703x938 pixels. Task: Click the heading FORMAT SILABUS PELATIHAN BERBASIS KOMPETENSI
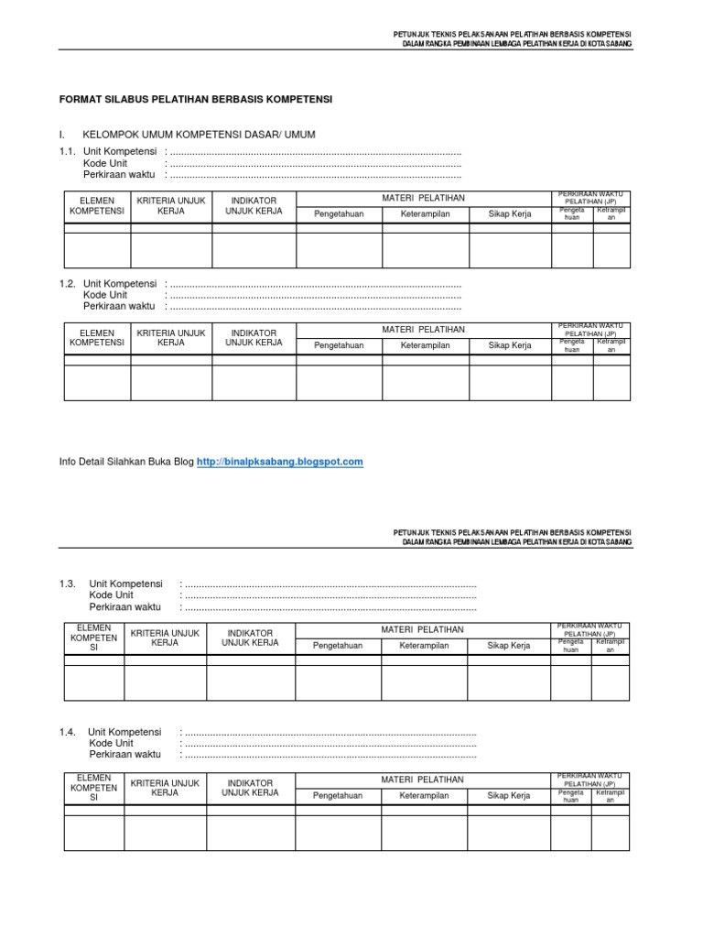[196, 98]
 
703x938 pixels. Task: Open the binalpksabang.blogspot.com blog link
[280, 463]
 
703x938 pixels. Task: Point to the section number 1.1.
[67, 151]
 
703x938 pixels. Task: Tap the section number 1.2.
[67, 284]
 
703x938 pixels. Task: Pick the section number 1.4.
[67, 732]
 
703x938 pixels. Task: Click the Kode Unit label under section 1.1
[105, 163]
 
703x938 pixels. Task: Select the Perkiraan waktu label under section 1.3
[124, 606]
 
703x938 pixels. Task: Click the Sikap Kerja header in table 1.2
[510, 346]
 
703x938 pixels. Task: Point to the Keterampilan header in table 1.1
[425, 214]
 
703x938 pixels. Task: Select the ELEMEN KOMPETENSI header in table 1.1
[97, 205]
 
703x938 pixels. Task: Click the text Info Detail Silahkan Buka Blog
[126, 463]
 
